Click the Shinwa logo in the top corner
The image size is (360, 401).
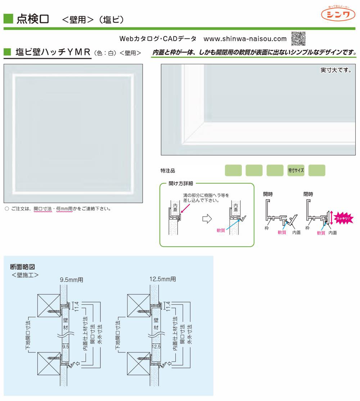pos(338,14)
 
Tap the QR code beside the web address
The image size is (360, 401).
pos(298,38)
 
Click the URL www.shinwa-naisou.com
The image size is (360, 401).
pos(245,39)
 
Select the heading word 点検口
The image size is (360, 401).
pos(33,19)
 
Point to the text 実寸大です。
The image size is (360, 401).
pos(336,70)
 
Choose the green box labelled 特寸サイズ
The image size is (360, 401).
pos(296,170)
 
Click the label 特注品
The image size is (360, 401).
pos(168,171)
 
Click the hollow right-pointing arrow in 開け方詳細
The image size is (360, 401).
pos(208,219)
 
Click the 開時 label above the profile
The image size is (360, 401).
pos(268,194)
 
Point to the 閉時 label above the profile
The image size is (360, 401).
pos(308,194)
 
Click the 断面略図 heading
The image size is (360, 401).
pos(25,267)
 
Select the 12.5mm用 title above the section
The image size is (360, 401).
pos(163,279)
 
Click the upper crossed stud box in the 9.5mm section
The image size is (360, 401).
pos(49,305)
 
